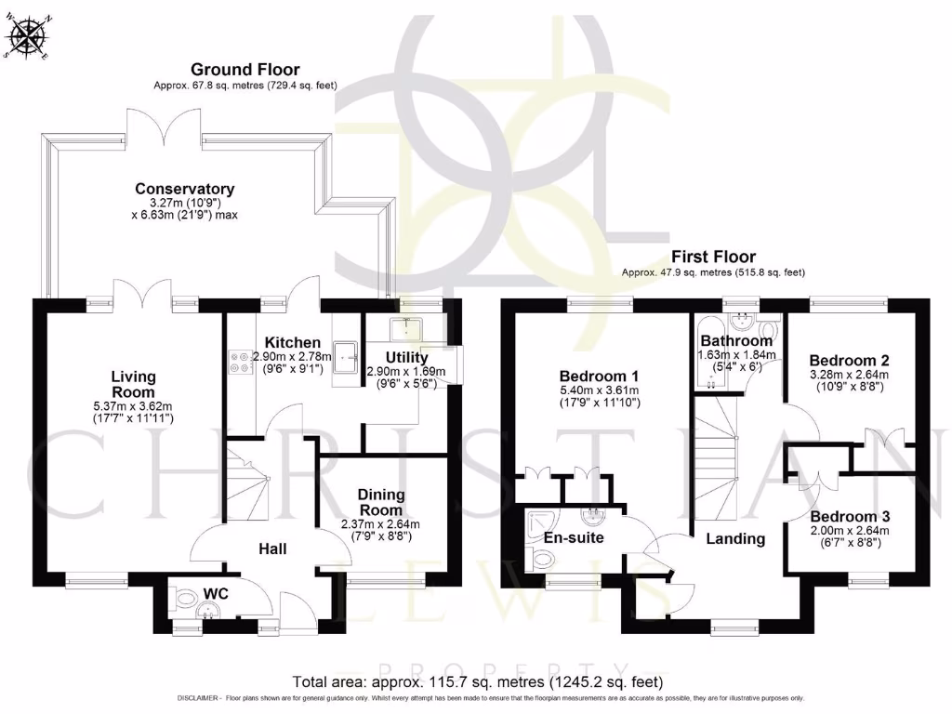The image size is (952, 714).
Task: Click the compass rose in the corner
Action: pos(27,37)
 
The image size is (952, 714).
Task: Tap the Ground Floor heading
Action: pos(245,70)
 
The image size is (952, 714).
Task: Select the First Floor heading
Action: pos(713,257)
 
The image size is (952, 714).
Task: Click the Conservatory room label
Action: pos(184,189)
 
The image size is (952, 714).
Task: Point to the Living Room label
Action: pos(133,384)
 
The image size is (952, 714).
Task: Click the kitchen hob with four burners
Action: pos(238,361)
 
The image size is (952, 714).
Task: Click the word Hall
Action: pos(272,549)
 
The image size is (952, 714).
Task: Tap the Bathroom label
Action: pos(736,341)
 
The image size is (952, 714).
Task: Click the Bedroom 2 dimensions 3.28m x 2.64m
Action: pos(848,376)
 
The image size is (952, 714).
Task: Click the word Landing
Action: pos(734,538)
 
